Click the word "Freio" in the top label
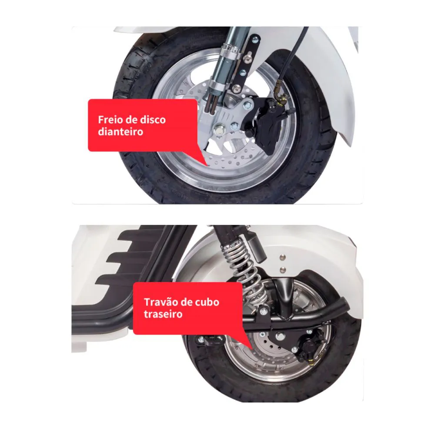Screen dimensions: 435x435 (109, 120)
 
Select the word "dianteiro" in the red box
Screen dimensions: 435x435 (120, 131)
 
